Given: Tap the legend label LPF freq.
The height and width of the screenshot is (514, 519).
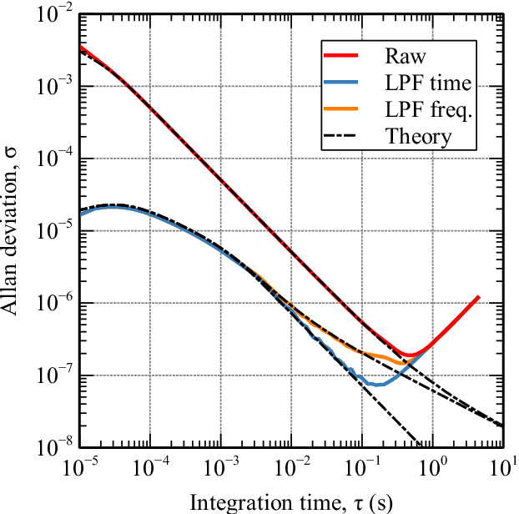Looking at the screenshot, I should [x=423, y=109].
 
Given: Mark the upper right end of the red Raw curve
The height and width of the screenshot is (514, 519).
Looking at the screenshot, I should [x=479, y=297].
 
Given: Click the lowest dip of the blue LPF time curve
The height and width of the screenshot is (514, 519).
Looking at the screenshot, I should [x=377, y=385].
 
